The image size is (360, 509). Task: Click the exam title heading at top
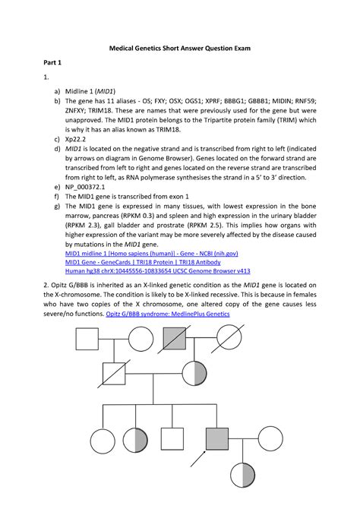(x=180, y=49)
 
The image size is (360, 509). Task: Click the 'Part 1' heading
(x=52, y=62)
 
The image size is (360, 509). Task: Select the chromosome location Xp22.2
(x=75, y=139)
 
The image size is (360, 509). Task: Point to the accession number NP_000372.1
(x=85, y=187)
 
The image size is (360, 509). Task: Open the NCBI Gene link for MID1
(x=152, y=254)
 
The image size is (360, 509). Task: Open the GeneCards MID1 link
(x=143, y=262)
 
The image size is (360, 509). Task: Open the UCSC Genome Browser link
(x=158, y=271)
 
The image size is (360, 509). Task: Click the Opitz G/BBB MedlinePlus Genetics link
(x=168, y=314)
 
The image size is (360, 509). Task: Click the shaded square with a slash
(x=175, y=339)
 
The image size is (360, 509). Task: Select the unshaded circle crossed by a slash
(x=229, y=338)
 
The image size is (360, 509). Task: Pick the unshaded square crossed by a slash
(x=114, y=374)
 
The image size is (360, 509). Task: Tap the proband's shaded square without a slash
(x=217, y=439)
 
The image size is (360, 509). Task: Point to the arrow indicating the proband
(x=198, y=459)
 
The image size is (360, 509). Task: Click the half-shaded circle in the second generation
(x=194, y=373)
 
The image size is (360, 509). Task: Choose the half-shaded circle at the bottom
(x=242, y=476)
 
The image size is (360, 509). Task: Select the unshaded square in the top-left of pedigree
(x=87, y=339)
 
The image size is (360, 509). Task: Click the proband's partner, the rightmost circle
(x=270, y=439)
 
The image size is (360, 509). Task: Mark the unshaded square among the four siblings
(x=172, y=439)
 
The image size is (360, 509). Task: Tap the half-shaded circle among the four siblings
(x=135, y=440)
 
